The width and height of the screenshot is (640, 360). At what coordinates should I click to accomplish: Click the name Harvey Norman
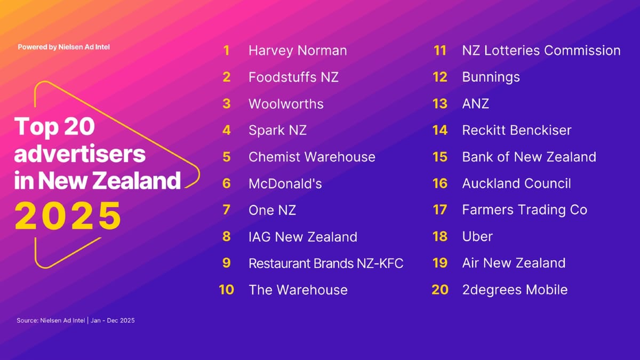pyautogui.click(x=298, y=51)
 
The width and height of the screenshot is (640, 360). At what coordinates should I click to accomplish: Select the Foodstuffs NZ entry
pyautogui.click(x=293, y=77)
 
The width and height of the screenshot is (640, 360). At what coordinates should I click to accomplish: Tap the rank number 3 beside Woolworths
pyautogui.click(x=227, y=103)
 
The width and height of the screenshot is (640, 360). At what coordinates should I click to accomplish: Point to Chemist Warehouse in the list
pyautogui.click(x=311, y=157)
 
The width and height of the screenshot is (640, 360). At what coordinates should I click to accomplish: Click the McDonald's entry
pyautogui.click(x=285, y=183)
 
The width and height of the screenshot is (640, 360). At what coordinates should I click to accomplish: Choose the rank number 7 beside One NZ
pyautogui.click(x=227, y=210)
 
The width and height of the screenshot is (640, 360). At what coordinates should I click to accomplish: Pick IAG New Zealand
pyautogui.click(x=302, y=237)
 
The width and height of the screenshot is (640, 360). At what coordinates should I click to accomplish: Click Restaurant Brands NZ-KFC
pyautogui.click(x=326, y=263)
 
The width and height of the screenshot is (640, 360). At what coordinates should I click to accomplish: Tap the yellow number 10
pyautogui.click(x=226, y=290)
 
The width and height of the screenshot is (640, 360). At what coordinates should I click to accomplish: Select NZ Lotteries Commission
pyautogui.click(x=541, y=51)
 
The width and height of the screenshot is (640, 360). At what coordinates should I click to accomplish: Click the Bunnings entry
pyautogui.click(x=491, y=77)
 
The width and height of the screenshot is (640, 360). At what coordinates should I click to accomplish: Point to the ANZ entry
pyautogui.click(x=475, y=103)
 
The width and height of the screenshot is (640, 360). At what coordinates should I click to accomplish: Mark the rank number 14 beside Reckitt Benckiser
pyautogui.click(x=440, y=130)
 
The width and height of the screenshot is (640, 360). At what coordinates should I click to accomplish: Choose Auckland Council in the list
pyautogui.click(x=516, y=183)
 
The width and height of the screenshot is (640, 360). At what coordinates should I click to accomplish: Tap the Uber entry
pyautogui.click(x=477, y=237)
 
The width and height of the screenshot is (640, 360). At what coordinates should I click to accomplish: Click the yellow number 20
pyautogui.click(x=440, y=290)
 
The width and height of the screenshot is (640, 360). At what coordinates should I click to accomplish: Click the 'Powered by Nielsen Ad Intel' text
pyautogui.click(x=63, y=47)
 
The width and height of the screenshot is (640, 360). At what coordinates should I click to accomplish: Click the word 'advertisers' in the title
pyautogui.click(x=79, y=154)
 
